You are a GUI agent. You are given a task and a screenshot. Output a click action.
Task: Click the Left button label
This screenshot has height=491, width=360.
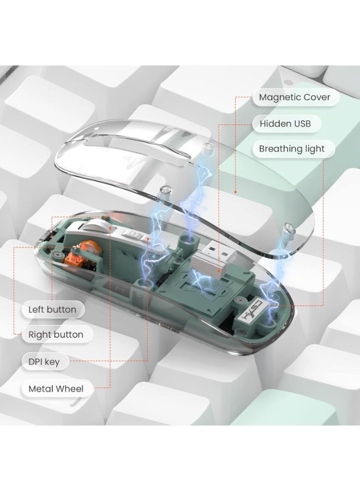tap(53, 310)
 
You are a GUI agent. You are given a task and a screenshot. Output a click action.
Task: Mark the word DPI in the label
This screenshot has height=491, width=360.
tap(35, 362)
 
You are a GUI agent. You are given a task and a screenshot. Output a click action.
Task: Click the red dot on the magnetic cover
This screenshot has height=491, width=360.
tap(235, 192)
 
